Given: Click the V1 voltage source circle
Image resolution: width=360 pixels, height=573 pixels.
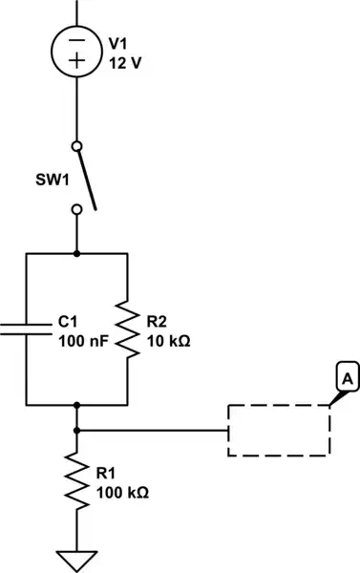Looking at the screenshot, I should [77, 49].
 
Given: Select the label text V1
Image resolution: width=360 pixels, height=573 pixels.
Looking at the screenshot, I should [118, 44].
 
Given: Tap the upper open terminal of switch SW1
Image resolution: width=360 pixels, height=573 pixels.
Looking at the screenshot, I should [77, 146].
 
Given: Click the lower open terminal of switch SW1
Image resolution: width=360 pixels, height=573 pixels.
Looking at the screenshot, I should [77, 217].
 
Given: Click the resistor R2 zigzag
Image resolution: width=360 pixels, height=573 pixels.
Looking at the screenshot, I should [127, 329].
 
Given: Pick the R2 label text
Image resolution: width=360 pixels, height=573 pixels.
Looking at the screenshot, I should [159, 322].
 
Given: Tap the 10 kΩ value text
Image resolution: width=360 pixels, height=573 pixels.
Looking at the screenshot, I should [168, 340].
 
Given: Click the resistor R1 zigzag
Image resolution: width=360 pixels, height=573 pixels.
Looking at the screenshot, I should [77, 483].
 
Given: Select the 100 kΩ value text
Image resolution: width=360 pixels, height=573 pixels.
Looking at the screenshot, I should [123, 493].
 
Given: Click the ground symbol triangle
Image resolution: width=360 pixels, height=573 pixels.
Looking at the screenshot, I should [77, 557].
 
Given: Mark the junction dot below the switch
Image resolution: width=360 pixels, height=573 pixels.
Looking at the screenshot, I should [77, 254].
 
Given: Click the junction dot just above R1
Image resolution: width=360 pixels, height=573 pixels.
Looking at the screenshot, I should [77, 430].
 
